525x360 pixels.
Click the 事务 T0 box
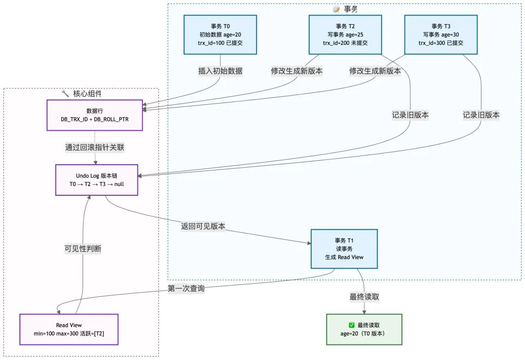click(220, 34)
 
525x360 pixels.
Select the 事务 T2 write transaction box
click(345, 34)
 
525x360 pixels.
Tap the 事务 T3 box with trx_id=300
click(441, 34)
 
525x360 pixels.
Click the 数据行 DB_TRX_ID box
click(94, 115)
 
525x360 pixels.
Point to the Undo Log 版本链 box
click(97, 180)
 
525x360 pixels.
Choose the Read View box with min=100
click(69, 329)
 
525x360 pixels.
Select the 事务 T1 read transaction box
click(344, 248)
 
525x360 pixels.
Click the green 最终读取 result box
click(364, 329)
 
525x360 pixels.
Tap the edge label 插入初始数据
click(220, 71)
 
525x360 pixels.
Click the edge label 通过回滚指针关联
click(95, 148)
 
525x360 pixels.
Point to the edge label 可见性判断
click(83, 248)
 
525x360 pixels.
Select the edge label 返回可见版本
click(203, 226)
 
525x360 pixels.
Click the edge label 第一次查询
click(186, 289)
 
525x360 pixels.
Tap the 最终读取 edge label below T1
click(364, 297)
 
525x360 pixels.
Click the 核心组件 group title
click(87, 93)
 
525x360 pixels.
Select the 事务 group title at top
click(350, 9)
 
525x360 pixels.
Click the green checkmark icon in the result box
click(352, 325)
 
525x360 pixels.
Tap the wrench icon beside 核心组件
click(65, 93)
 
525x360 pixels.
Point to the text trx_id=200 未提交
click(345, 43)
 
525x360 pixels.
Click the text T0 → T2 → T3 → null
click(97, 184)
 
